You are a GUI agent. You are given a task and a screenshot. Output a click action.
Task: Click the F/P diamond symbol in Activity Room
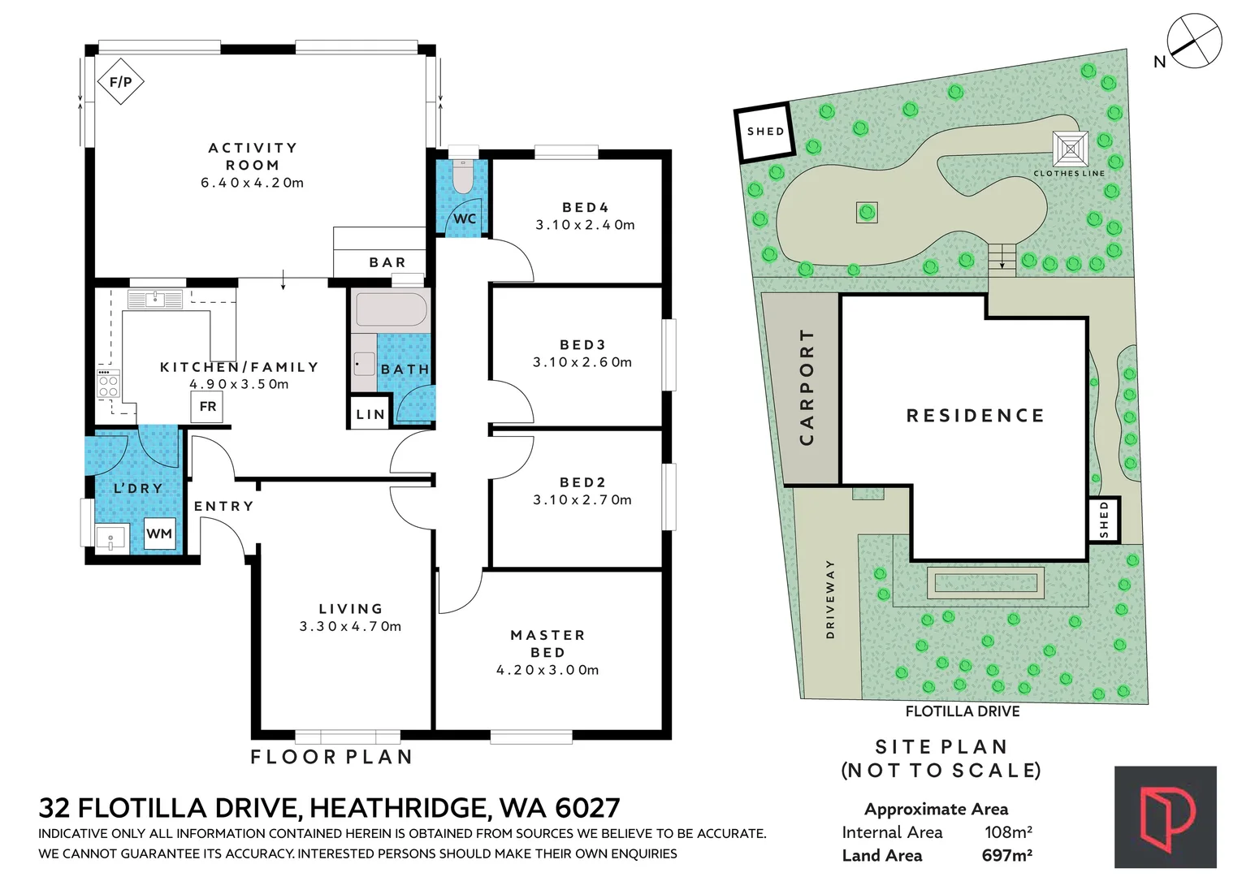pos(120,81)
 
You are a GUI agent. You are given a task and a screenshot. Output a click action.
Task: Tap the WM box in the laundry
pos(159,534)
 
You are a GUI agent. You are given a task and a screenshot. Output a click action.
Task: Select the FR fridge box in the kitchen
pos(208,406)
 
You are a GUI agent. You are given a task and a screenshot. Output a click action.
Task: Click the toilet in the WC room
pos(463,176)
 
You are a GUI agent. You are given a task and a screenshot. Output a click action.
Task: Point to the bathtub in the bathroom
pos(391,310)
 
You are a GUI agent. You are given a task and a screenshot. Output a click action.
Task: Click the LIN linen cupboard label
pos(370,414)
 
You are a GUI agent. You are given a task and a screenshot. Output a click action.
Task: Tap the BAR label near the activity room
pos(387,262)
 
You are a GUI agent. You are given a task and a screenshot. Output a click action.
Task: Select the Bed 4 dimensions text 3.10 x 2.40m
pos(585,225)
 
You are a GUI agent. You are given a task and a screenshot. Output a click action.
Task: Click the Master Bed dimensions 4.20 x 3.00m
pos(547,670)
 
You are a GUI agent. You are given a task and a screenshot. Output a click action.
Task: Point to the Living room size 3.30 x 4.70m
pos(350,626)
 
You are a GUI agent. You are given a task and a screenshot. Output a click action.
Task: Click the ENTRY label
pos(223,506)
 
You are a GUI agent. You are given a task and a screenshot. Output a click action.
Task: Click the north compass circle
pos(1194,41)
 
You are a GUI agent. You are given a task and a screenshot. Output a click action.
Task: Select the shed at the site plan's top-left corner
pos(764,132)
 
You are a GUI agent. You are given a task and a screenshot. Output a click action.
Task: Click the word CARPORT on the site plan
pos(807,387)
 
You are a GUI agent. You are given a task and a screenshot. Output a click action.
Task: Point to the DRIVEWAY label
pos(829,598)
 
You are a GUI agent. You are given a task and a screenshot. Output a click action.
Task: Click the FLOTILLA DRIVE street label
pos(963,711)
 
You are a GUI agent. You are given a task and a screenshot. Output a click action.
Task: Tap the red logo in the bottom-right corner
pos(1166,817)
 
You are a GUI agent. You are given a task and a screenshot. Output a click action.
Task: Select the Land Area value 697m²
pos(1006,855)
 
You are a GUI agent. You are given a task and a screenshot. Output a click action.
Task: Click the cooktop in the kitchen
pos(108,382)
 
